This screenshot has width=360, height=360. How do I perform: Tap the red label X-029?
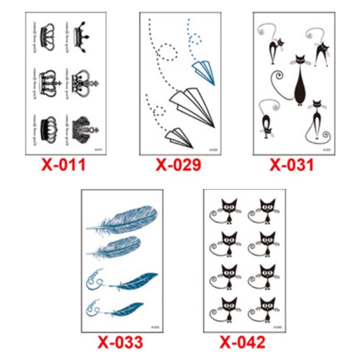click(178, 165)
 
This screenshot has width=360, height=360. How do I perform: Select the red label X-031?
click(291, 165)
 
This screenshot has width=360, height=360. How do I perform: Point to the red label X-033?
click(121, 342)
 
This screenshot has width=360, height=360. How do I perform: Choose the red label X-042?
click(241, 342)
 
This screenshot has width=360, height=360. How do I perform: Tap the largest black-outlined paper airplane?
click(193, 107)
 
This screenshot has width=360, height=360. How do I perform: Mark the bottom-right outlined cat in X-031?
click(318, 121)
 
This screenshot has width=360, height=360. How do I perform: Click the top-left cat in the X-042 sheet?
click(228, 211)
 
